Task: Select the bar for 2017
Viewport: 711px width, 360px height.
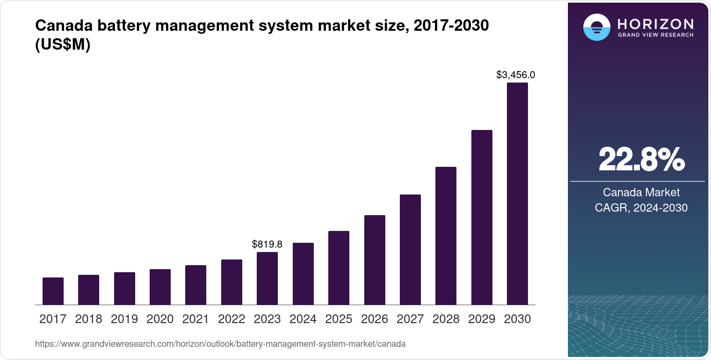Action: click(53, 291)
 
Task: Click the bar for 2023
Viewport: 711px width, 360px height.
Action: click(267, 278)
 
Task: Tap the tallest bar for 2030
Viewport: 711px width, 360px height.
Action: click(517, 194)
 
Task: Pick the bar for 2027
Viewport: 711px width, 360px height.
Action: click(410, 249)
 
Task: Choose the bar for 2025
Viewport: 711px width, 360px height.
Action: click(339, 268)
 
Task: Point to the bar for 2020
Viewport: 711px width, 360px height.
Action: click(160, 287)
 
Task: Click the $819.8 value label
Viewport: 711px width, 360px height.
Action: click(267, 244)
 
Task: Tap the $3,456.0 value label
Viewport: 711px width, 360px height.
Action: click(516, 75)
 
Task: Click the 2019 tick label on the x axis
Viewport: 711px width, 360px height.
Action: click(124, 319)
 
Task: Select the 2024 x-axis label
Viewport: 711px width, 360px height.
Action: click(303, 319)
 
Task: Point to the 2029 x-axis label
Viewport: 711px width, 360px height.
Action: click(481, 319)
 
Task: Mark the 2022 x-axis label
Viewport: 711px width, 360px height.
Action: click(231, 319)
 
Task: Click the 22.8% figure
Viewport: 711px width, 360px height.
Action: click(641, 160)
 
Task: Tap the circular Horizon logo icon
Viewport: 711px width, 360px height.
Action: click(596, 27)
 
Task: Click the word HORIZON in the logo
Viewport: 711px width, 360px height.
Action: click(655, 24)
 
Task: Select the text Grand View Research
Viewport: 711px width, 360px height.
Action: click(655, 35)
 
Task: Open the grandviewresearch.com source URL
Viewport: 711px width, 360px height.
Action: click(220, 344)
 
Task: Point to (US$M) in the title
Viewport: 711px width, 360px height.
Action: click(63, 45)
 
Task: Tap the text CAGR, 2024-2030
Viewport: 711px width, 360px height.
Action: click(641, 208)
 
